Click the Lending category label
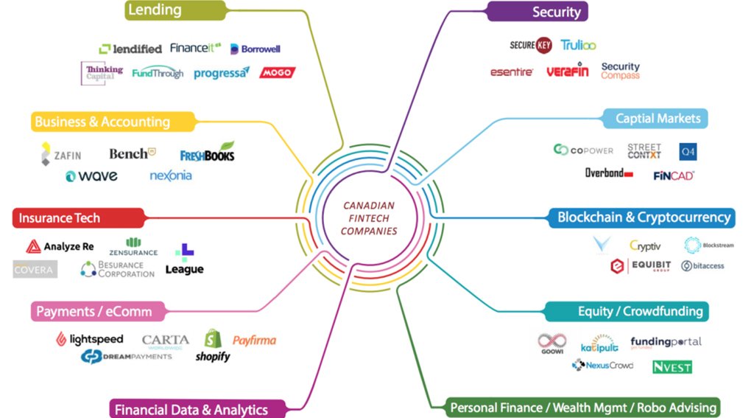coord(155,10)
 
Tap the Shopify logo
coord(213,346)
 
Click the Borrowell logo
coord(255,49)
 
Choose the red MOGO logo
coord(278,72)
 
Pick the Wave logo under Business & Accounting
coord(91,176)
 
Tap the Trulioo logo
coord(578,45)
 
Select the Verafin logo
coord(567,72)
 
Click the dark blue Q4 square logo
coord(688,151)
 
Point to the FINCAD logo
coord(674,175)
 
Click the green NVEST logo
coord(672,366)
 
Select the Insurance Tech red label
coord(59,218)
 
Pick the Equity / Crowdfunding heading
coord(640,311)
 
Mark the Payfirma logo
coord(254,340)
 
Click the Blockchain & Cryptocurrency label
coord(644,217)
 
